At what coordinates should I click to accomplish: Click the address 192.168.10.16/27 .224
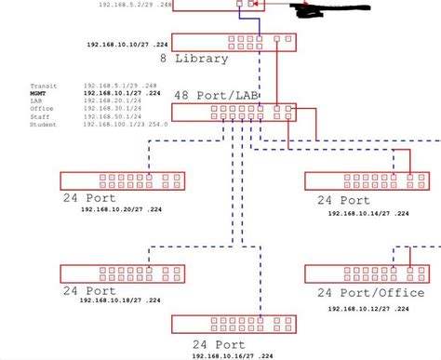(233, 355)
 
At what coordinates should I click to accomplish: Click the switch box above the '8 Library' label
(234, 41)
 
